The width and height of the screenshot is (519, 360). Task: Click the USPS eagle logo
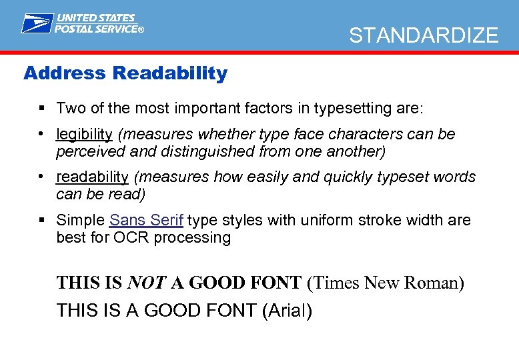37,23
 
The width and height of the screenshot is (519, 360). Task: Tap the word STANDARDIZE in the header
424,35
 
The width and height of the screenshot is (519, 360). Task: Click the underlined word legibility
84,134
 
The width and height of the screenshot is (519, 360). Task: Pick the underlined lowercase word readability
92,177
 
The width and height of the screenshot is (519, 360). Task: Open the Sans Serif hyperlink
147,220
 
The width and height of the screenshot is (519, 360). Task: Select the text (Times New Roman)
386,283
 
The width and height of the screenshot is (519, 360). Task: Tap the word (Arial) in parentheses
287,310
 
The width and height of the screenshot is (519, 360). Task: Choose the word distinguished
200,151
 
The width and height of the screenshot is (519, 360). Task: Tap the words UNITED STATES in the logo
96,18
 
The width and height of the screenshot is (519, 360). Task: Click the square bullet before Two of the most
42,108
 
